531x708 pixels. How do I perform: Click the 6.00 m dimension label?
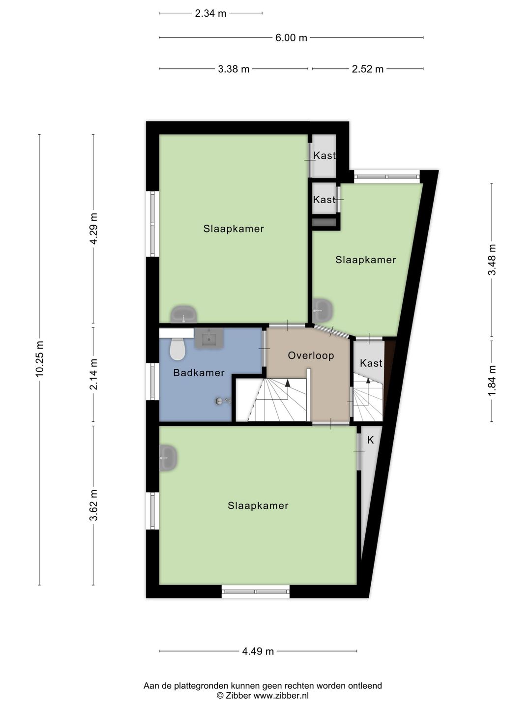click(x=291, y=38)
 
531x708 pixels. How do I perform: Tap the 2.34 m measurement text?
click(x=210, y=14)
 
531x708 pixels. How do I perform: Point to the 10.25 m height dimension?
click(x=39, y=358)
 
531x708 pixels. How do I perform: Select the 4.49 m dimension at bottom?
click(x=258, y=651)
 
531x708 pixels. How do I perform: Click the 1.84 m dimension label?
click(x=492, y=381)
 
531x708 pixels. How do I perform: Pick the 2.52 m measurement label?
click(x=368, y=69)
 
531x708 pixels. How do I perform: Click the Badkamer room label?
click(x=199, y=373)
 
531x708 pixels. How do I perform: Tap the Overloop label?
click(x=311, y=355)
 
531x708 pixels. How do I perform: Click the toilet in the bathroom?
click(x=177, y=349)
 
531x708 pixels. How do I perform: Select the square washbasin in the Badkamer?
click(x=208, y=338)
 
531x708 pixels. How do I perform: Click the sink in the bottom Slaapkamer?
click(x=168, y=458)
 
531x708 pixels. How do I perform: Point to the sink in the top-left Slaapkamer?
click(x=184, y=314)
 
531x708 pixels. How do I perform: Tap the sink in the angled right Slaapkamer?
click(x=323, y=310)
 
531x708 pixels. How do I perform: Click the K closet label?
click(x=370, y=440)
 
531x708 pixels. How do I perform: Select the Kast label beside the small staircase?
click(x=371, y=363)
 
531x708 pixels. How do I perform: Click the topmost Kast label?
click(x=324, y=155)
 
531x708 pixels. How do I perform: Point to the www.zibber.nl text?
click(x=281, y=696)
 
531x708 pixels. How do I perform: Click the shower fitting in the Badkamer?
click(x=223, y=401)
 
